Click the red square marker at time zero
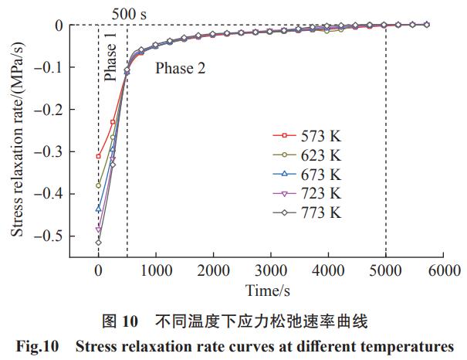(98, 157)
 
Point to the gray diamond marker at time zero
(98, 243)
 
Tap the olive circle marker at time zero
(98, 185)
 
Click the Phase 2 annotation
(181, 68)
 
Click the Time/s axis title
(268, 291)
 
